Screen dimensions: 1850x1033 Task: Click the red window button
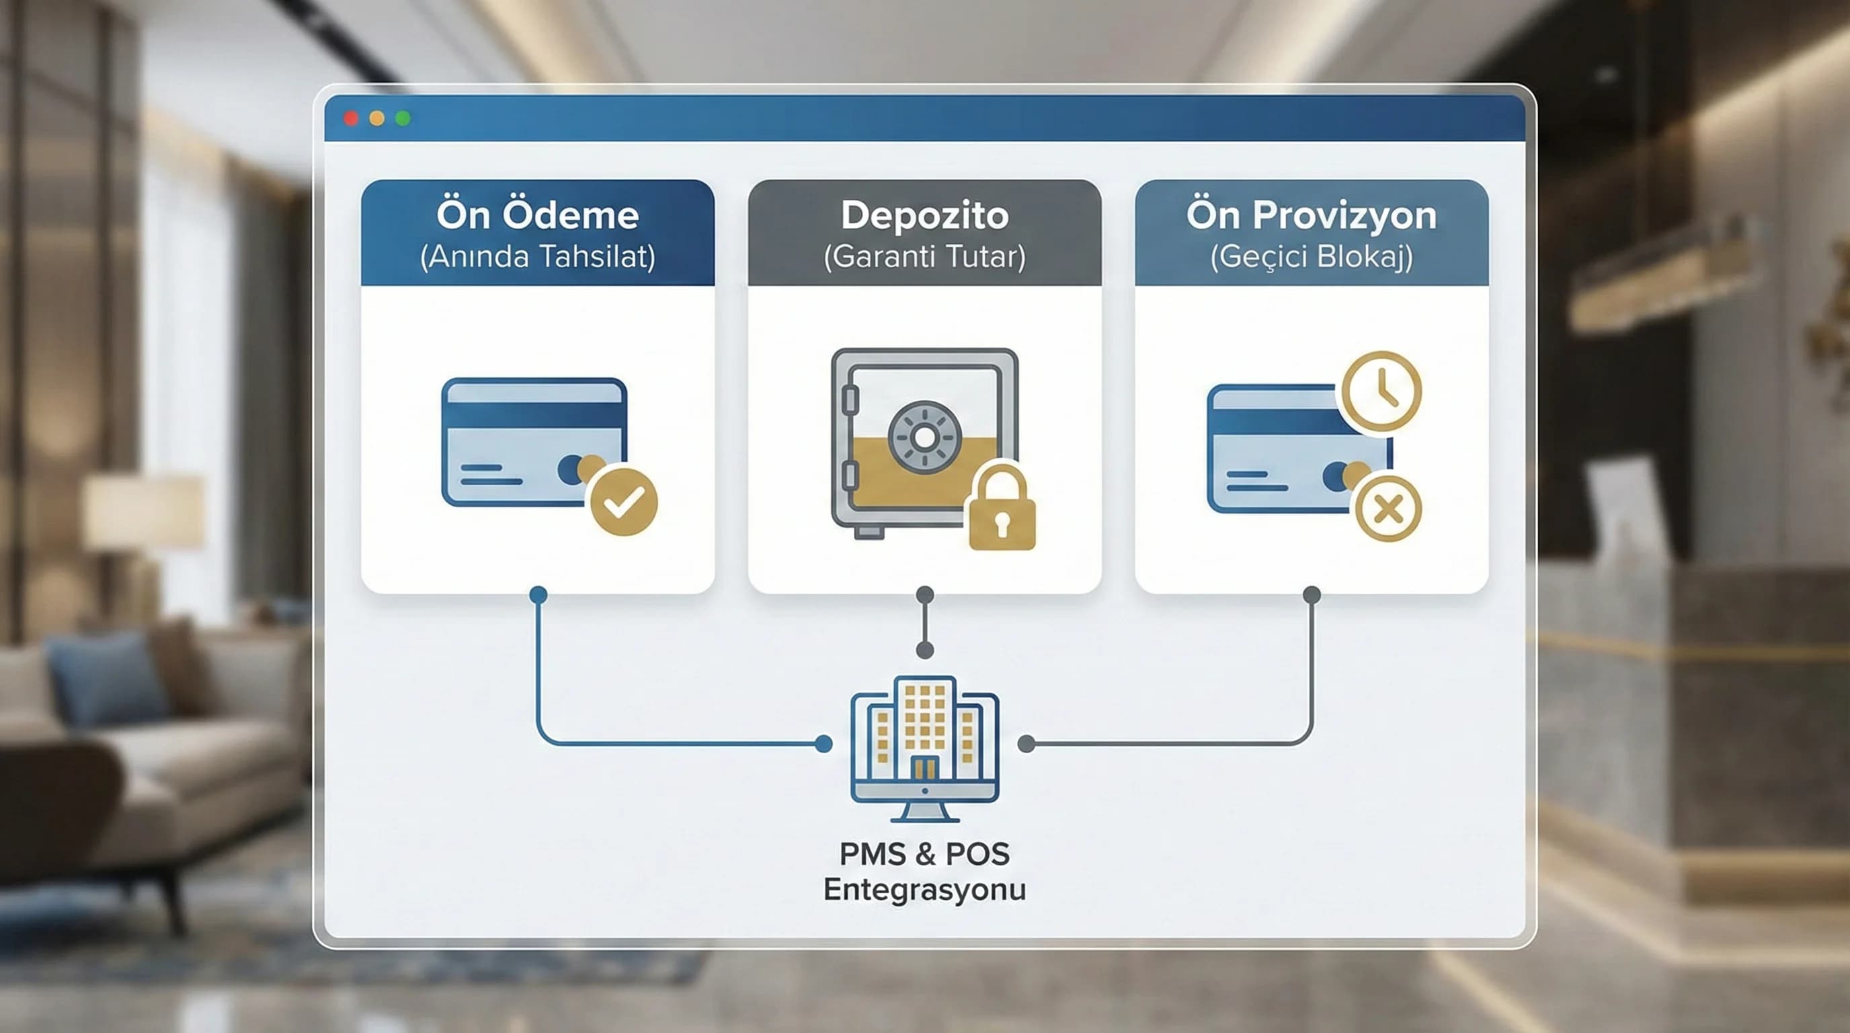351,118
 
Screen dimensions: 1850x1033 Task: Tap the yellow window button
377,118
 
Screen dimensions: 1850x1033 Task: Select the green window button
403,118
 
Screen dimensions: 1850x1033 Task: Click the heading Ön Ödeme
537,214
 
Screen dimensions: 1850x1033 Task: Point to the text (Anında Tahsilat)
537,256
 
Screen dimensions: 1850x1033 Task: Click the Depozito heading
925,215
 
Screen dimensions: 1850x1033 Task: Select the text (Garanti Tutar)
925,256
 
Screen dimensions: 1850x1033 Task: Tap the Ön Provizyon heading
1312,215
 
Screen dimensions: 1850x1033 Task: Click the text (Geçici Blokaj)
1312,256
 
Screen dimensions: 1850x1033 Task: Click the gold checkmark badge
623,502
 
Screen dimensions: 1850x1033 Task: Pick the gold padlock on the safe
1002,507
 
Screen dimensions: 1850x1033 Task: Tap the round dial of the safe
924,436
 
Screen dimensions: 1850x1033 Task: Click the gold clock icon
1381,391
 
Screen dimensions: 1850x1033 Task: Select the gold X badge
1388,508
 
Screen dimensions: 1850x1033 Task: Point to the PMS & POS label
925,853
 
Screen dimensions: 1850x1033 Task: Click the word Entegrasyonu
925,890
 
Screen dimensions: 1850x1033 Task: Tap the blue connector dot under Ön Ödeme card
538,595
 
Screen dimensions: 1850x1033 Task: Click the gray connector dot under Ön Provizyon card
1312,595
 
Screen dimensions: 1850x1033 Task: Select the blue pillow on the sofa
108,679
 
